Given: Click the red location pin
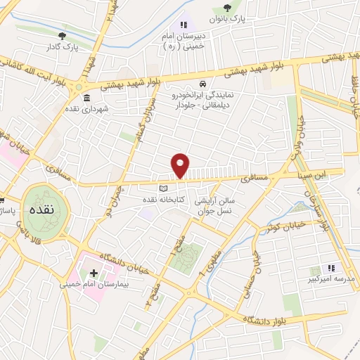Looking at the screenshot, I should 181,165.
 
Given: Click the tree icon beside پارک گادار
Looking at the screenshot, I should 63,34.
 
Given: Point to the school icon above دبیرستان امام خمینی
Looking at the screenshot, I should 184,25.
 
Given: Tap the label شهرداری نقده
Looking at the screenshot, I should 87,110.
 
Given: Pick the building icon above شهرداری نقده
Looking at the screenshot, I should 86,98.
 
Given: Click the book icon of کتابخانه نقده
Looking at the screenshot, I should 163,189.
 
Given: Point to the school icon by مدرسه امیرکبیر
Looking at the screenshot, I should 331,268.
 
